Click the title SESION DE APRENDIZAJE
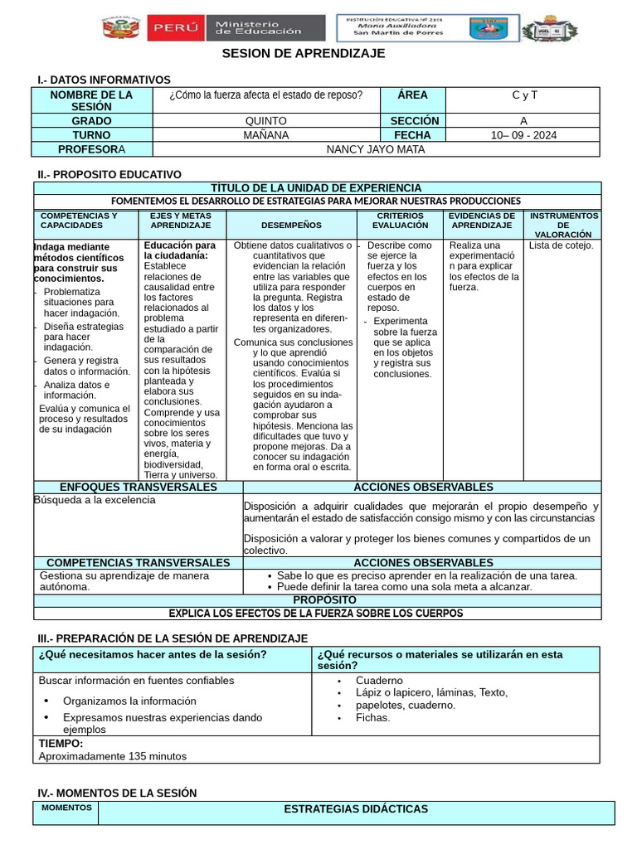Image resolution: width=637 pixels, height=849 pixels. (x=304, y=53)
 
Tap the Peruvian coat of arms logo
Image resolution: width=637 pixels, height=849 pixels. (x=122, y=28)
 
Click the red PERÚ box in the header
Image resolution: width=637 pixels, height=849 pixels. (x=174, y=28)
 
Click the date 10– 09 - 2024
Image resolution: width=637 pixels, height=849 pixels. (x=523, y=135)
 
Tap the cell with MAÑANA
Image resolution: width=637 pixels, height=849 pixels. (x=266, y=135)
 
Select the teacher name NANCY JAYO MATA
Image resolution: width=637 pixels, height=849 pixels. (x=375, y=149)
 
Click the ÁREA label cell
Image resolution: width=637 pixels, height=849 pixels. (x=413, y=95)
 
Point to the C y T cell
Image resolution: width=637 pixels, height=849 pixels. (x=524, y=95)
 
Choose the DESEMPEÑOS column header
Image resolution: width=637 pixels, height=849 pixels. (x=290, y=225)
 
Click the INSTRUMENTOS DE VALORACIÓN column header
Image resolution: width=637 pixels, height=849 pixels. (x=563, y=225)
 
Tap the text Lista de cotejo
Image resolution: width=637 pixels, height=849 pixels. (x=562, y=245)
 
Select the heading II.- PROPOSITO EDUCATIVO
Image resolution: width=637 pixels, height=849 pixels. (x=109, y=174)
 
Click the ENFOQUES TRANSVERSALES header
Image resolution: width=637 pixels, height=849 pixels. (x=139, y=488)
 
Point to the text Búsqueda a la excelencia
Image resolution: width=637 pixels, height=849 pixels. (x=95, y=501)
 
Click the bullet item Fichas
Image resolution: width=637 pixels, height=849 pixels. (x=372, y=717)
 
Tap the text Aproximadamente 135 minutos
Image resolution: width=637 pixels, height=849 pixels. (x=113, y=756)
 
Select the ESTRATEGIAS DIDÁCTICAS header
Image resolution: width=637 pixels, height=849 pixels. (x=356, y=809)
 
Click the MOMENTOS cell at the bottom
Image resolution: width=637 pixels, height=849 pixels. (x=66, y=808)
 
